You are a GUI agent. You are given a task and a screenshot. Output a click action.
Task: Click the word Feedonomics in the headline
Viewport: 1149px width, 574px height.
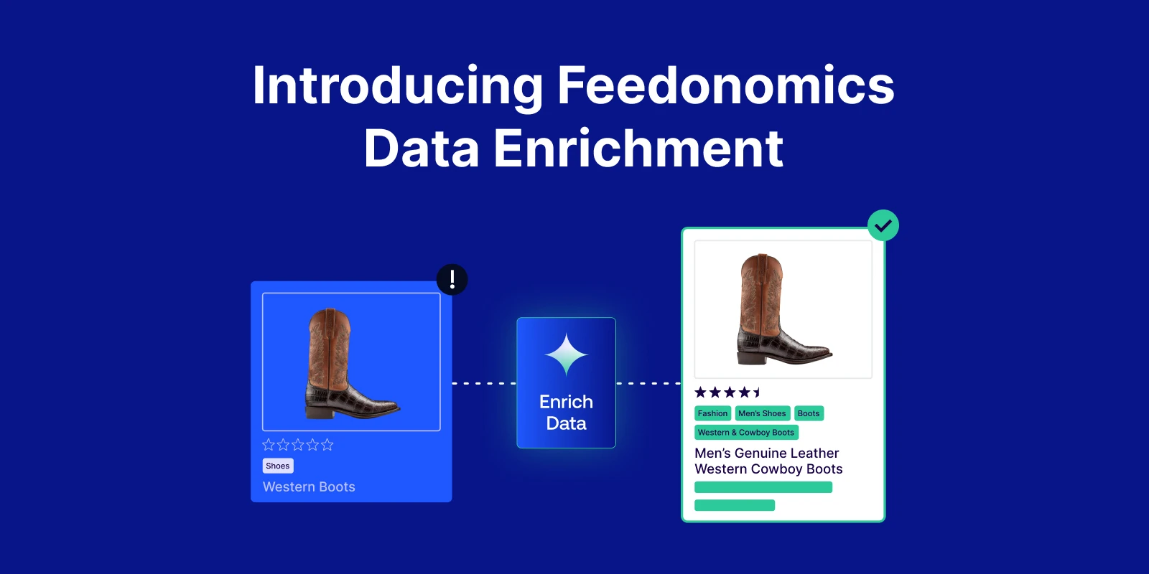coord(725,86)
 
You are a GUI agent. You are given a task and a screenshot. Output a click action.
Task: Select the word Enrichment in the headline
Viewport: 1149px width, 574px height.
coord(638,149)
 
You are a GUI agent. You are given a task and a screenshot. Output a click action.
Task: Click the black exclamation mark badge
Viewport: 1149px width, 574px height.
coord(452,279)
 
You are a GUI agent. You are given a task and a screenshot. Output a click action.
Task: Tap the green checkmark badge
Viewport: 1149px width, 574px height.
coord(883,225)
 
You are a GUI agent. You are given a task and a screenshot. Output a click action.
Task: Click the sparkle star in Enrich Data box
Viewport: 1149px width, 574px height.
coord(566,354)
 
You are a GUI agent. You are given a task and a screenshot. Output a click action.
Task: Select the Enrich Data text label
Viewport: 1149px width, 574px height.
coord(566,413)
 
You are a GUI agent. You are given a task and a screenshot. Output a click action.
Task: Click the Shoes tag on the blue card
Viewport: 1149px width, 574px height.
coord(278,466)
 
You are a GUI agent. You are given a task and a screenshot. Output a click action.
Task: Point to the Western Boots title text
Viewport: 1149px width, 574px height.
coord(309,486)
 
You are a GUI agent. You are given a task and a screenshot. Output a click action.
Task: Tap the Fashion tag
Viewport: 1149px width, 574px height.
coord(712,413)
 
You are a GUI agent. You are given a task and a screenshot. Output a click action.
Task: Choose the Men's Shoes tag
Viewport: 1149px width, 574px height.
coord(762,413)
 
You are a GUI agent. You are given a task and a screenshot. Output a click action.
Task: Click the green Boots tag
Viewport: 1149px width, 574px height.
coord(809,413)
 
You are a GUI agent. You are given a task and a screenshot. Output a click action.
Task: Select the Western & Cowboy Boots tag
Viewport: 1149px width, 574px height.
coord(746,432)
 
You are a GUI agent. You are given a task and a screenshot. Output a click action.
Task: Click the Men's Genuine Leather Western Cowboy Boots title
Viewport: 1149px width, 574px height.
coord(768,461)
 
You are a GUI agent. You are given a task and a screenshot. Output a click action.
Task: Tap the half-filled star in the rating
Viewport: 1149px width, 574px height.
coord(758,392)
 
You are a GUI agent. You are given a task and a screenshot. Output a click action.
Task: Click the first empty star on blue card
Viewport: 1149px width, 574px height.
coord(269,445)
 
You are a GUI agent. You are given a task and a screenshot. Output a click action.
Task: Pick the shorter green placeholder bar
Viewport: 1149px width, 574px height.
coord(735,505)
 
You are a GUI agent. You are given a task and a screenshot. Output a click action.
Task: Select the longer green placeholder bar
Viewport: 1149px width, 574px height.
coord(763,487)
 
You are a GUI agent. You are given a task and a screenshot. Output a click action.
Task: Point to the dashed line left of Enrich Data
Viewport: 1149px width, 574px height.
coord(484,384)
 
